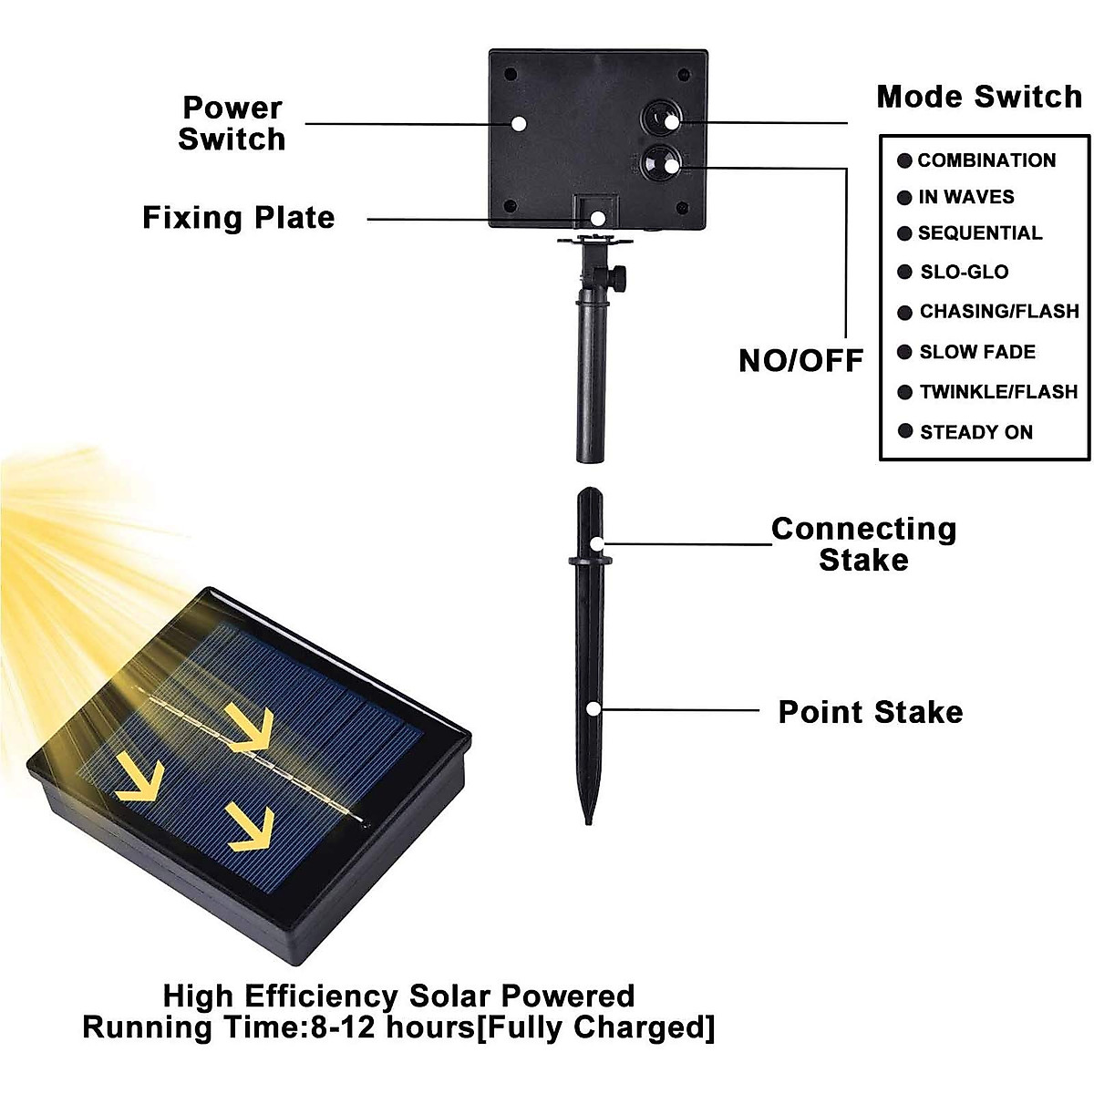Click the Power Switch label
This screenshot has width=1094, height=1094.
pos(232,123)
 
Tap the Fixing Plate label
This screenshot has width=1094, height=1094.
pos(239,218)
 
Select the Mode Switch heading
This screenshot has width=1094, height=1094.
pos(979,97)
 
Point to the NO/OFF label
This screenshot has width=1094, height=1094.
pos(800,360)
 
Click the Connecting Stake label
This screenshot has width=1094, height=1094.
pos(863,544)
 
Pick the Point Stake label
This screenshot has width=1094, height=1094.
pos(870,712)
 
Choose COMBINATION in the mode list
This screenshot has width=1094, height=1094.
pos(986,160)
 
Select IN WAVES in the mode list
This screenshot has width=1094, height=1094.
pos(965,197)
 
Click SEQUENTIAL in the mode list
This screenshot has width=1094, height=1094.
pos(979,233)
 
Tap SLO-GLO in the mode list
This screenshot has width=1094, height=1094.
pos(964,272)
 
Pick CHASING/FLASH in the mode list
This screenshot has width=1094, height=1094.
pos(998,312)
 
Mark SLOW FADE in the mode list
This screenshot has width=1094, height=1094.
pos(976,352)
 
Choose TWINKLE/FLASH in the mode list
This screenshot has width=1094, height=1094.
pos(997,392)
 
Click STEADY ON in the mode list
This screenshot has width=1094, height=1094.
pos(975,432)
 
